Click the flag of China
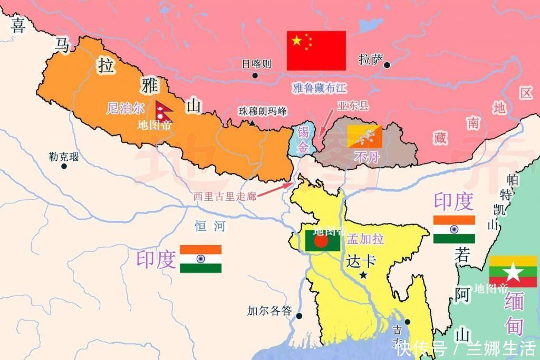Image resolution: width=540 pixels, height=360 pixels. (316, 51)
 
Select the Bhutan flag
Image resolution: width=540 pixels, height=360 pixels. (364, 137)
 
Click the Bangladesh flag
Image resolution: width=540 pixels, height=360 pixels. (322, 240)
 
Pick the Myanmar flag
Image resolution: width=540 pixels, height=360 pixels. (513, 272)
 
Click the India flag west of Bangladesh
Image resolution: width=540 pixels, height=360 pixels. (200, 259)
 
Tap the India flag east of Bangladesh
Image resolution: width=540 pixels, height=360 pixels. (454, 229)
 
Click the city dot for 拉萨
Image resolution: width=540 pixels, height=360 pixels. (388, 65)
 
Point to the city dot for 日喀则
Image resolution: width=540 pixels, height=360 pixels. (255, 75)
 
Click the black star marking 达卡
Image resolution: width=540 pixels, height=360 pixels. (364, 275)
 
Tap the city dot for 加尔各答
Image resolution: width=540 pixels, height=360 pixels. (299, 316)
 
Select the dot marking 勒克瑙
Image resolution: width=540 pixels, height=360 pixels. (64, 166)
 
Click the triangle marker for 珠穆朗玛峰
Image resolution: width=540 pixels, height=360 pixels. (252, 123)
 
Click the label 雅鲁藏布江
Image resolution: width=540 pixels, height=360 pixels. (320, 87)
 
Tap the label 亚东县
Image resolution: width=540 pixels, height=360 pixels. (353, 106)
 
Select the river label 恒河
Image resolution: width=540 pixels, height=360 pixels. (210, 227)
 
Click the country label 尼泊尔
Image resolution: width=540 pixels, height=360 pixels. (125, 109)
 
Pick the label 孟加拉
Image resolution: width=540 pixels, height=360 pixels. (365, 239)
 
